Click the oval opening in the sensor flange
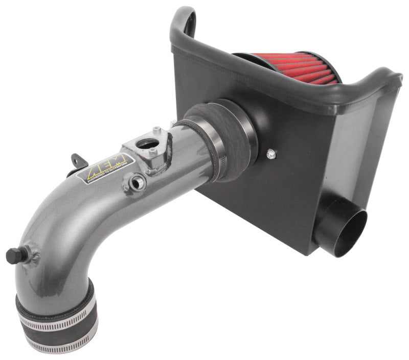[x=149, y=145]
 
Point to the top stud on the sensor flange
[x=156, y=130]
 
